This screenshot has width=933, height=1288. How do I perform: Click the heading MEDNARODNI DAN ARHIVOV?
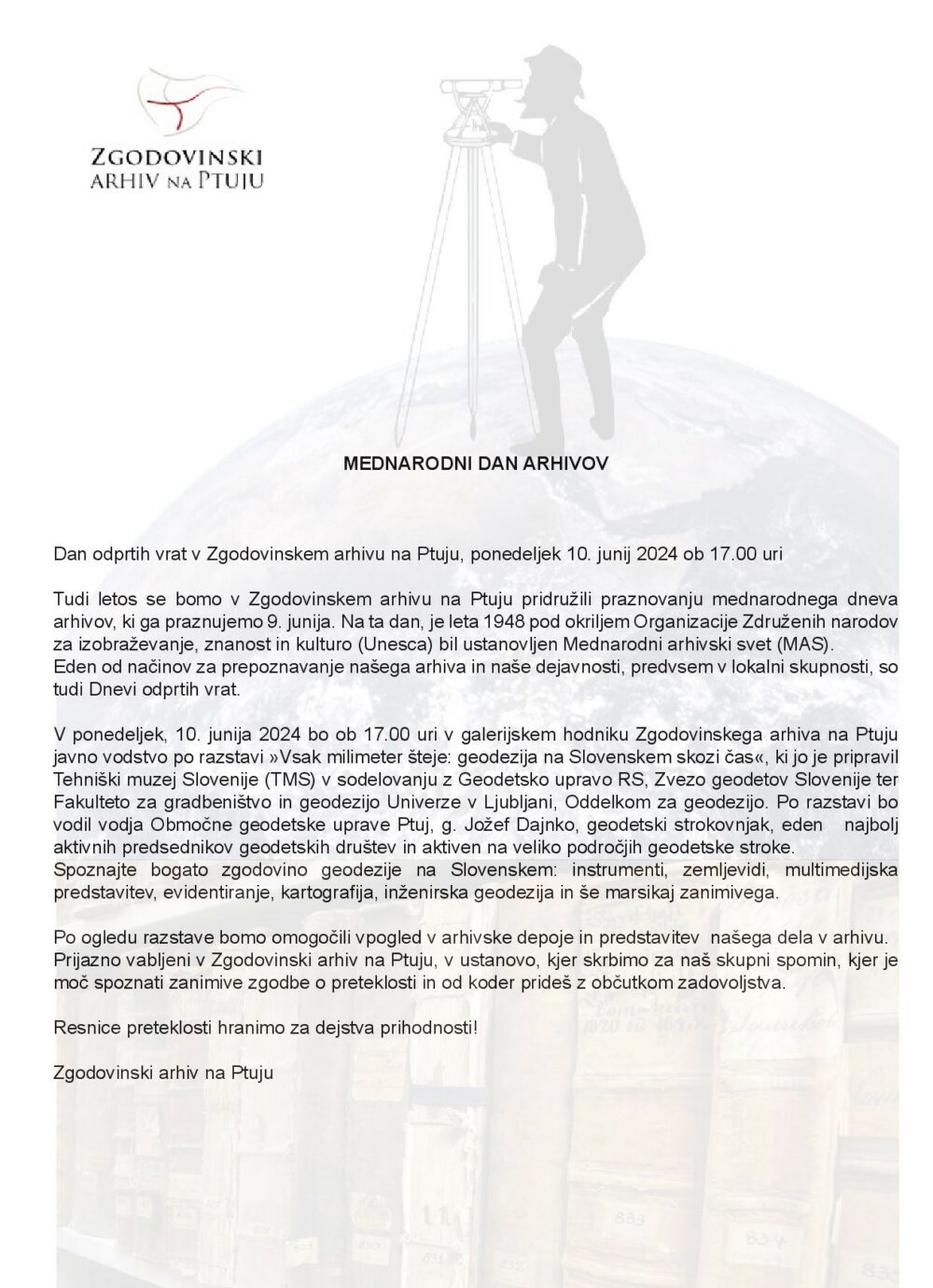click(475, 463)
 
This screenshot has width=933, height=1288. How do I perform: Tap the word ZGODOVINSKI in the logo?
click(176, 158)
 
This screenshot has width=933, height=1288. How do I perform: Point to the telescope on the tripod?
click(481, 86)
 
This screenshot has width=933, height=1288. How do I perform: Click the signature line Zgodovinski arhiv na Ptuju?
click(163, 1073)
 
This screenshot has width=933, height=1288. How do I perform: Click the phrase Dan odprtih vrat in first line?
click(119, 554)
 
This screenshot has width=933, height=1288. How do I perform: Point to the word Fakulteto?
click(90, 802)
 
